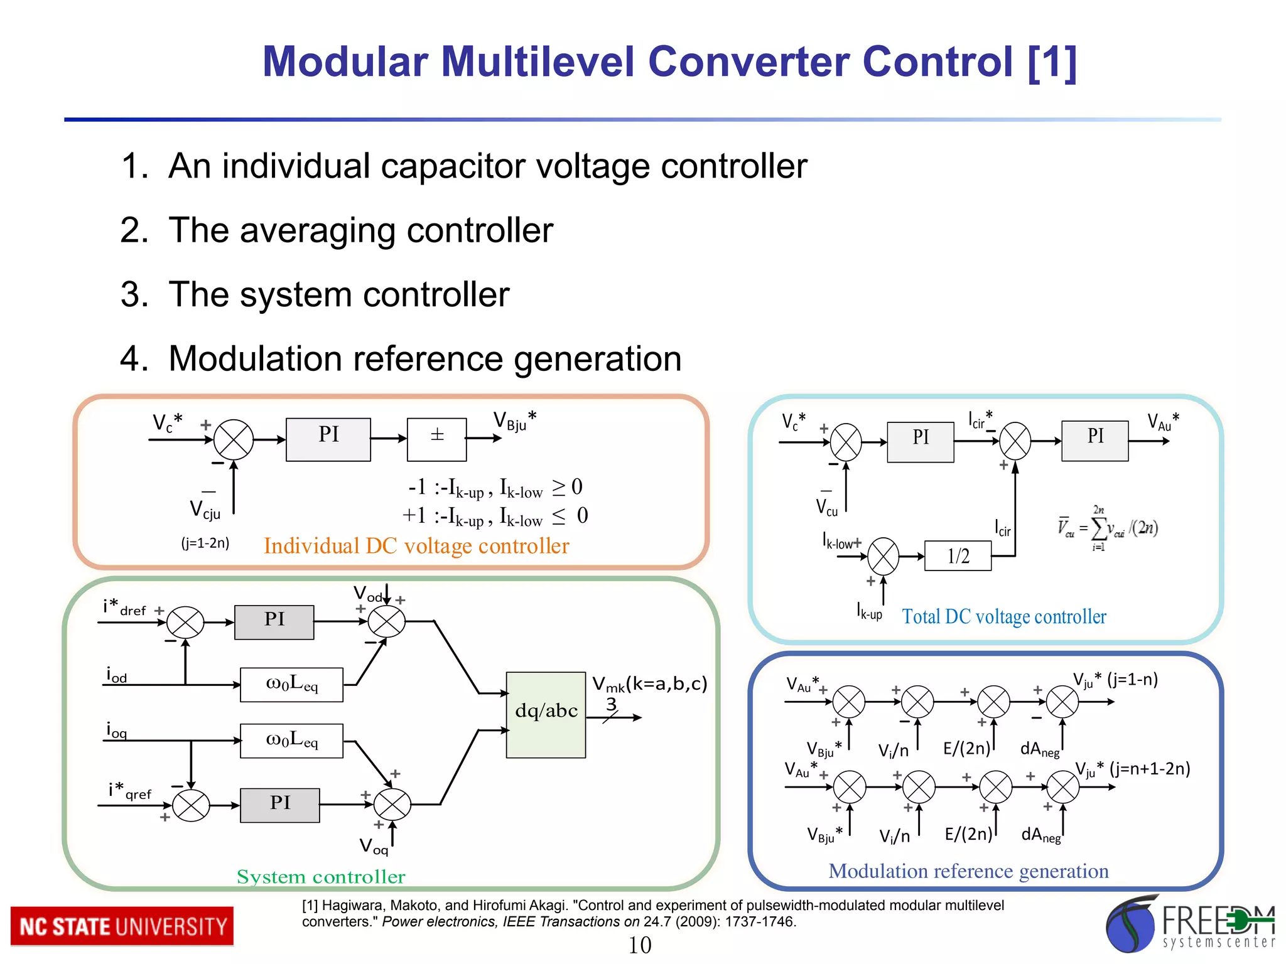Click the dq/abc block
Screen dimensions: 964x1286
point(546,715)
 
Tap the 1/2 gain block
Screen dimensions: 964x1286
point(958,556)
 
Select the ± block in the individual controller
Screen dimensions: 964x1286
point(437,439)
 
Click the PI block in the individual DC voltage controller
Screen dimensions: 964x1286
point(328,439)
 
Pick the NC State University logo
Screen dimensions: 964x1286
point(122,926)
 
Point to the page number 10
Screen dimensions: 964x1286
point(640,945)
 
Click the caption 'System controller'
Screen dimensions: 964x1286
point(321,877)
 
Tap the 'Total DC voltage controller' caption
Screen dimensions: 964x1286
point(1004,617)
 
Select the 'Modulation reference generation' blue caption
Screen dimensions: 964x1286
point(968,871)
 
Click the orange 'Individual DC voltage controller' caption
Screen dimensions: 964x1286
point(416,546)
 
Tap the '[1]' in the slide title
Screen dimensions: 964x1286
point(1052,62)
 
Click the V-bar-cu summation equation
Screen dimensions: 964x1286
point(1108,528)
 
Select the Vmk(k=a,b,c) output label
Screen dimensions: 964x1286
point(650,683)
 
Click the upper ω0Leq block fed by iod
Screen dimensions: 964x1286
point(291,685)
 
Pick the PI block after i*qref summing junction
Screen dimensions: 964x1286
point(279,805)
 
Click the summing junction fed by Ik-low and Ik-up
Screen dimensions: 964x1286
point(883,556)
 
